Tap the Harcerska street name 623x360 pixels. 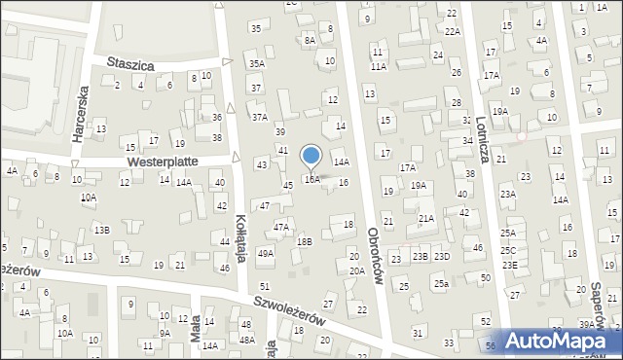coord(82,116)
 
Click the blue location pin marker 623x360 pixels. coord(311,157)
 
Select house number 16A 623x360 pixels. coord(311,180)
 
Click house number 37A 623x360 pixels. coord(259,117)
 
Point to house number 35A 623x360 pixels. coord(256,63)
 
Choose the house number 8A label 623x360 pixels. coord(310,40)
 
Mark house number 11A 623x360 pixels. coord(378,66)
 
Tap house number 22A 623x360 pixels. coord(453,31)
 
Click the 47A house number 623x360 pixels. coord(281,227)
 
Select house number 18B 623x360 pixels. coord(305,240)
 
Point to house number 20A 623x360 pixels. coord(357,270)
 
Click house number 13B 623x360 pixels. coord(102,230)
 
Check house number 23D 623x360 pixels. coord(442,256)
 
